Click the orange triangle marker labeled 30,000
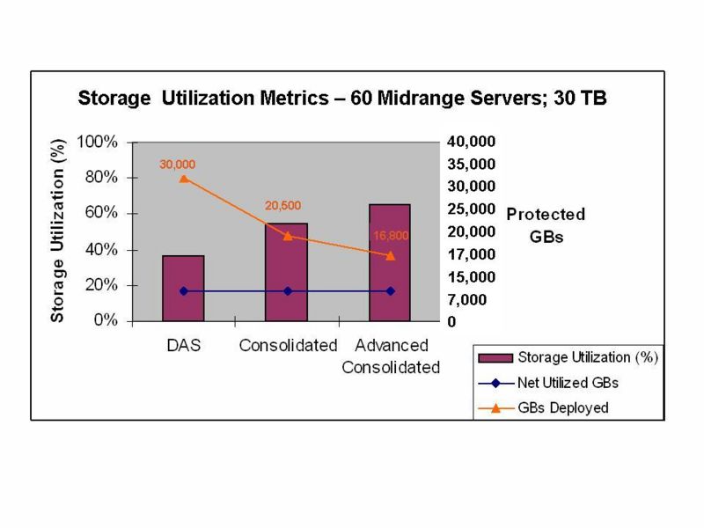click(183, 179)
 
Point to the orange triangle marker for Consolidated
click(287, 236)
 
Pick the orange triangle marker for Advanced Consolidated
click(390, 255)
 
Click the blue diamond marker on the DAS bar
click(183, 290)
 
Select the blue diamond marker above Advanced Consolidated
click(390, 290)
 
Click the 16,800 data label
click(392, 236)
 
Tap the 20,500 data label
click(283, 206)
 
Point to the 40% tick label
click(100, 250)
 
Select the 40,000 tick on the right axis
click(473, 141)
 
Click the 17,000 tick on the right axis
click(473, 254)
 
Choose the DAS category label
click(183, 345)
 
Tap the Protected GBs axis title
click(546, 225)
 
